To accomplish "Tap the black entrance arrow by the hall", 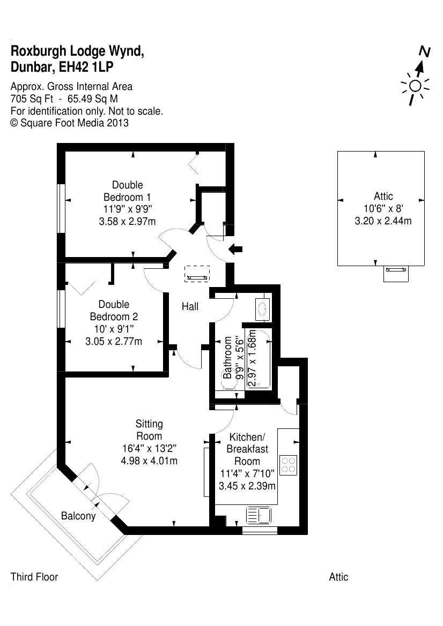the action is point(235,248).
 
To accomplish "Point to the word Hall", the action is point(190,306).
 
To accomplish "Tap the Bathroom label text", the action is point(228,357).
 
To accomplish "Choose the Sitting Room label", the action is point(149,430).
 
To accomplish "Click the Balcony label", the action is point(78,516).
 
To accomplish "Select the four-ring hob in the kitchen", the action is point(289,464).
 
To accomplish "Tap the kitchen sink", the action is point(259,516).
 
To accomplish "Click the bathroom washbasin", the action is point(263,309).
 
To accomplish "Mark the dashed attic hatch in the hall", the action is point(197,274).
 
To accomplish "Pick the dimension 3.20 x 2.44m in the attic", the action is point(383,220).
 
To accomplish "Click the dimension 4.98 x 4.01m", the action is point(149,460).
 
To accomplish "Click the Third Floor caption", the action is point(34,577).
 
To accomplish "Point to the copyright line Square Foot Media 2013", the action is point(70,123).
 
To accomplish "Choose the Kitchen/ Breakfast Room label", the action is point(247,449).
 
